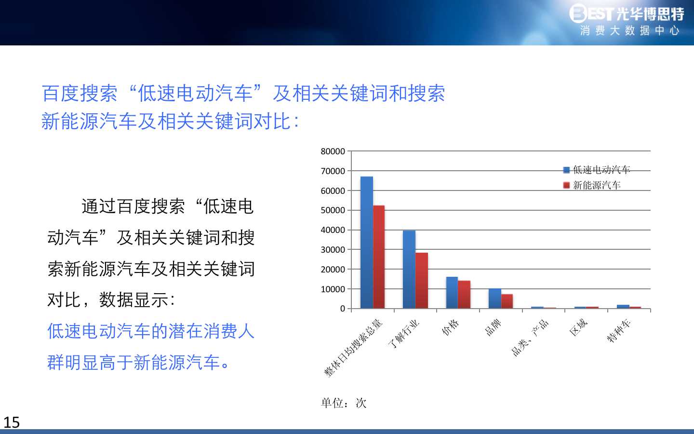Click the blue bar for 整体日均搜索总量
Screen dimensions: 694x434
367,243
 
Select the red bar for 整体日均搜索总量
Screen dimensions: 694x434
379,257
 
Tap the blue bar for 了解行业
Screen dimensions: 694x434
409,270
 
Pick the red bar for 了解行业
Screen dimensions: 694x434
421,281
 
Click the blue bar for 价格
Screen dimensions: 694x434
452,293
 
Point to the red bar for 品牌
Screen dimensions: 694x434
507,301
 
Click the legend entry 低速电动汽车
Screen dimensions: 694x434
597,170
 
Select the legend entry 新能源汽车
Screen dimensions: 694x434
592,185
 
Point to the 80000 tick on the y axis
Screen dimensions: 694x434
333,151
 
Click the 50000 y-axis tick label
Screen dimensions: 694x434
333,210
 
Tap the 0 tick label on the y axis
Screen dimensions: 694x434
342,309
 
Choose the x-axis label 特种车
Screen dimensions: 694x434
619,331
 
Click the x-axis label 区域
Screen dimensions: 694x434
578,327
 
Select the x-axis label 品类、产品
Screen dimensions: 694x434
530,338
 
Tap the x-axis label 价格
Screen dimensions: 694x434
450,327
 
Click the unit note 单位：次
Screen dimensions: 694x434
344,403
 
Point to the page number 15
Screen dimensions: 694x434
12,422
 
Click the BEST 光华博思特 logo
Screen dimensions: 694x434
627,14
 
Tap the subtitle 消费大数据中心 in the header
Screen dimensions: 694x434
629,31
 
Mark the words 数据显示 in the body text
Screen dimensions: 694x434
133,300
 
